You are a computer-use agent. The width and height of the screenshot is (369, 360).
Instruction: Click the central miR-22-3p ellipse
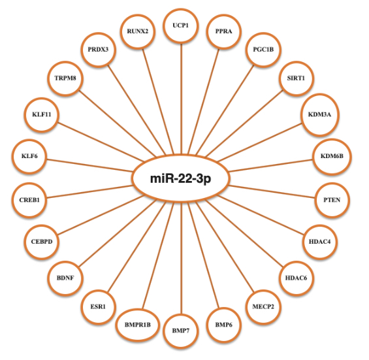pyautogui.click(x=180, y=178)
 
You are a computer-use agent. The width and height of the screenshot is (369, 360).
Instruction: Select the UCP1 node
pyautogui.click(x=181, y=25)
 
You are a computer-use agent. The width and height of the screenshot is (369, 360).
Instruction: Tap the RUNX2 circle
pyautogui.click(x=138, y=31)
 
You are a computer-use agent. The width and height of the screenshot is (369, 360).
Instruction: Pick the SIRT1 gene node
pyautogui.click(x=296, y=78)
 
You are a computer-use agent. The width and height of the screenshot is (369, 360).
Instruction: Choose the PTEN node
pyautogui.click(x=332, y=200)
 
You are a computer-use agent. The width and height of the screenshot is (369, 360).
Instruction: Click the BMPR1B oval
pyautogui.click(x=138, y=325)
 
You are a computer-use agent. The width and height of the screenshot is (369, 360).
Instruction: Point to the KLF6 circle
pyautogui.click(x=29, y=156)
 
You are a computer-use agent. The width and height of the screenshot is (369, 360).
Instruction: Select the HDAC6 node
pyautogui.click(x=296, y=278)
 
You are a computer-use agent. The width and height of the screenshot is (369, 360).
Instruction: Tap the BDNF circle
pyautogui.click(x=65, y=278)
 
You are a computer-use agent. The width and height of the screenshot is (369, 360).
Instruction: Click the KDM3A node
pyautogui.click(x=320, y=114)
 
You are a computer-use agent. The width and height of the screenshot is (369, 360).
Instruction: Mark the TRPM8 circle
pyautogui.click(x=65, y=78)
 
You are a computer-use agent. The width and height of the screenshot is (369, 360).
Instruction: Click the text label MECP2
pyautogui.click(x=263, y=307)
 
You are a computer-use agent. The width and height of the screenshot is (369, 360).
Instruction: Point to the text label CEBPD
pyautogui.click(x=42, y=242)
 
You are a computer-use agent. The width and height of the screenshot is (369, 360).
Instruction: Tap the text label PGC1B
pyautogui.click(x=263, y=50)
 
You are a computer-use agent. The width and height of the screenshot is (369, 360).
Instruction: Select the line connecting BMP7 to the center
pyautogui.click(x=181, y=258)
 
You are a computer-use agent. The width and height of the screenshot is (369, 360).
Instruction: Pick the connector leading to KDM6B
pyautogui.click(x=271, y=166)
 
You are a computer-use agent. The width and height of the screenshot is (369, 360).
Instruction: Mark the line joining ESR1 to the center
pyautogui.click(x=137, y=248)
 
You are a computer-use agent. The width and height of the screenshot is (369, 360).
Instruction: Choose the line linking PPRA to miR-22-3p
pyautogui.click(x=204, y=101)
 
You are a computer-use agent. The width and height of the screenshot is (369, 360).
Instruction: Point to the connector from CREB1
pyautogui.click(x=90, y=191)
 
